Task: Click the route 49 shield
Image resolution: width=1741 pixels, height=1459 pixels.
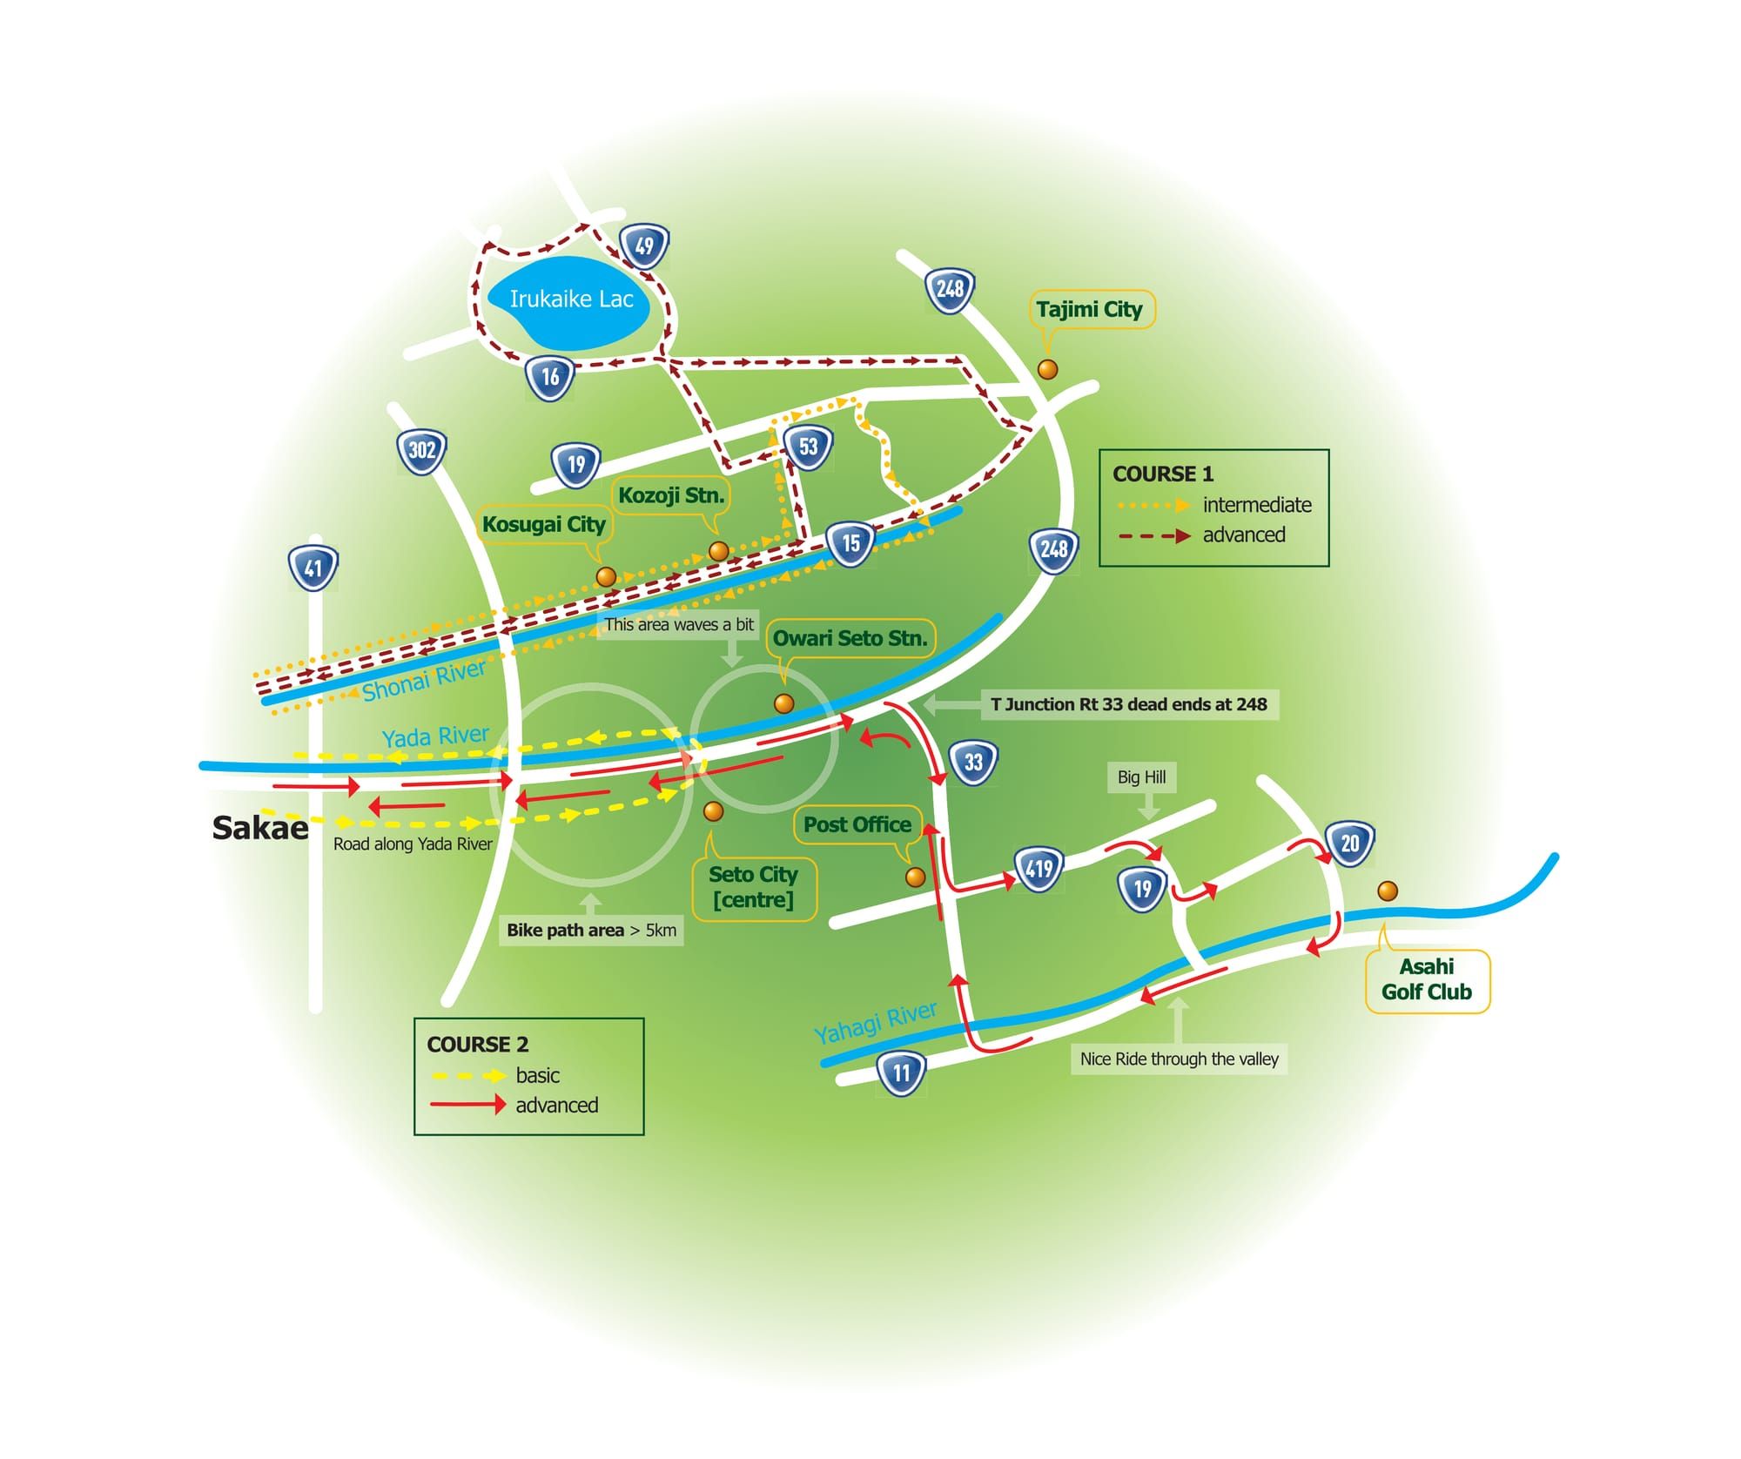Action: [x=644, y=246]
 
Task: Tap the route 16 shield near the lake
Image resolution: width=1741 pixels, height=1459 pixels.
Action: [x=550, y=377]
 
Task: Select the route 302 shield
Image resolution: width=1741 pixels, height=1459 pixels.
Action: [x=422, y=450]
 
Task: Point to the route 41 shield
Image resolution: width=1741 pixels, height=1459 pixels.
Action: [x=313, y=568]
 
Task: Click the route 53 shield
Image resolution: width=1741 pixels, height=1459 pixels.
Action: [x=809, y=447]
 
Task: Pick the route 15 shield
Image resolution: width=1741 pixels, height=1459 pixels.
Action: [x=850, y=544]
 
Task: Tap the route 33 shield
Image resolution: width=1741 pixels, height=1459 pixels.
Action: [x=973, y=763]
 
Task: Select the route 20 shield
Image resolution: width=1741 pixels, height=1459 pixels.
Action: [x=1350, y=843]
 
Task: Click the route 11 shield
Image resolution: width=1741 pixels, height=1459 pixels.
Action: [x=901, y=1072]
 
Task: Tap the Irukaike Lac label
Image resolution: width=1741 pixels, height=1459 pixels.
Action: [x=571, y=299]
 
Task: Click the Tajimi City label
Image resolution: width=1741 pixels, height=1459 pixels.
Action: [x=1089, y=309]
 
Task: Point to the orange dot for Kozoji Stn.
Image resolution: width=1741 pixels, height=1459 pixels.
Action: [x=719, y=551]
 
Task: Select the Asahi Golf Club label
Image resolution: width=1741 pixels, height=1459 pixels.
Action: [x=1427, y=979]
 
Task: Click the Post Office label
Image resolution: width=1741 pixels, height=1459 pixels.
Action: [x=857, y=824]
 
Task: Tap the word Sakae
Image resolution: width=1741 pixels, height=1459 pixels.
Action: [x=260, y=828]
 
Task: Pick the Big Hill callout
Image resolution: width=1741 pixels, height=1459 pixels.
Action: [x=1141, y=777]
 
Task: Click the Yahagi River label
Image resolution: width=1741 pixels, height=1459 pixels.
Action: [x=876, y=1022]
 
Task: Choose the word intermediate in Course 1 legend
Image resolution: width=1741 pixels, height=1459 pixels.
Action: [x=1257, y=505]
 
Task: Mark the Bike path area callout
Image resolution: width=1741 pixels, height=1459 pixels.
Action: [x=592, y=931]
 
